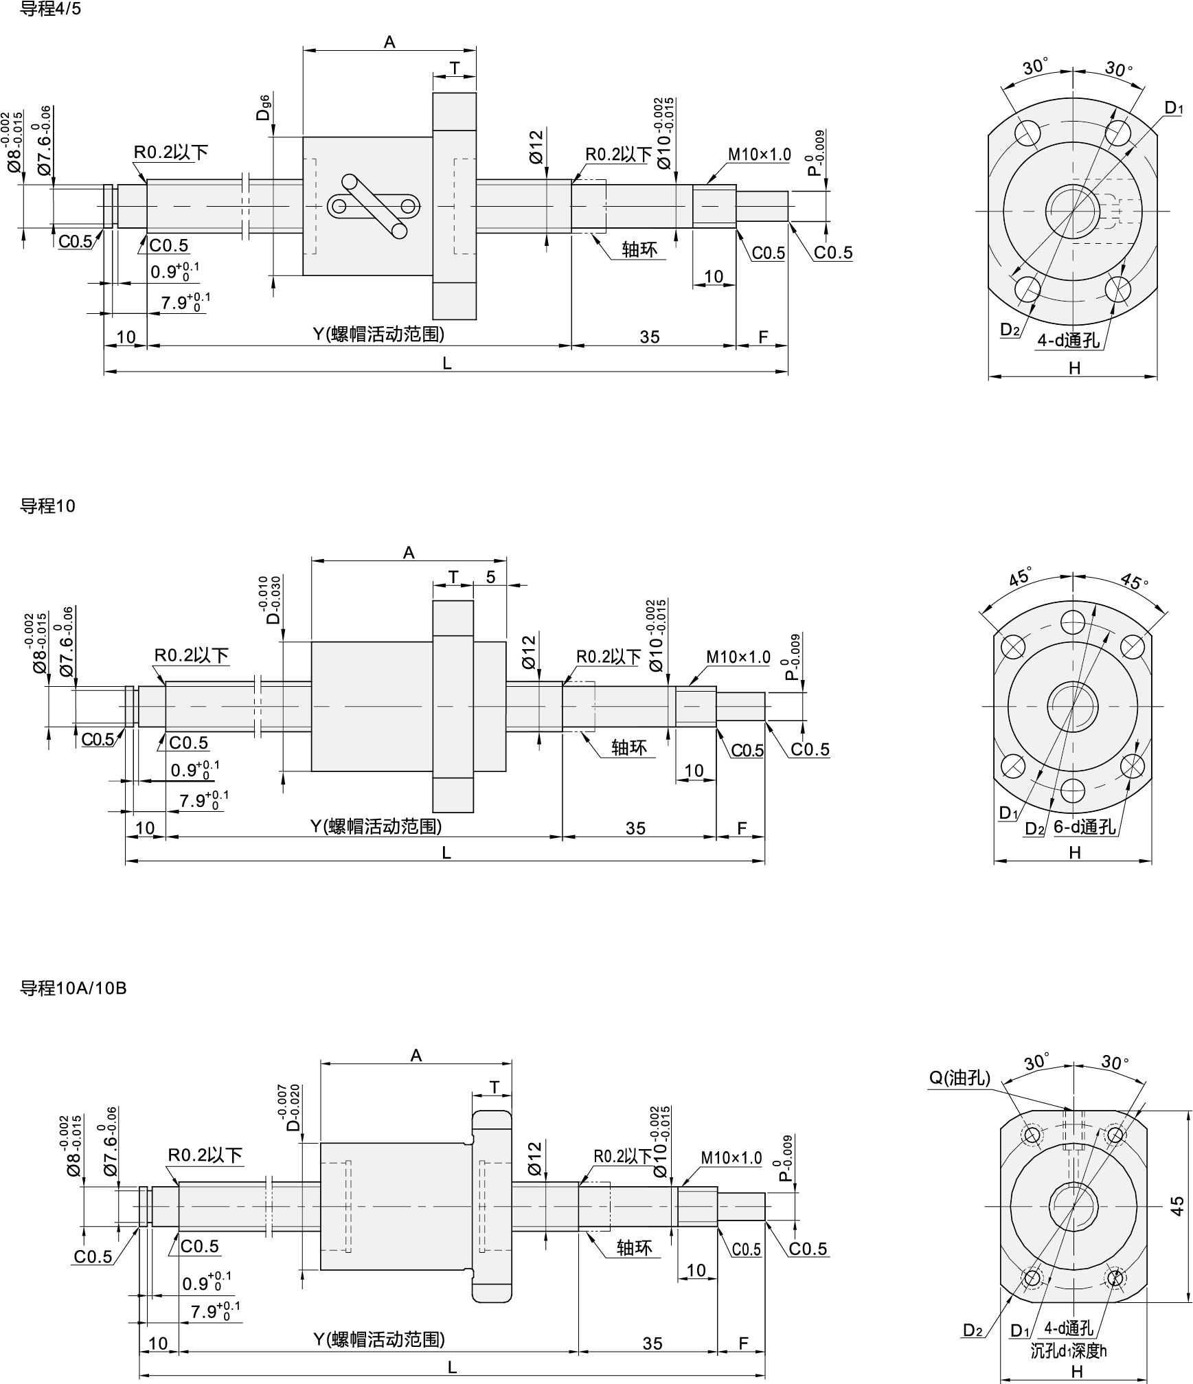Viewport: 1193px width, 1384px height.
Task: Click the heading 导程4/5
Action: point(51,10)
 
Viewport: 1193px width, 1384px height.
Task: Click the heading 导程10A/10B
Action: point(73,988)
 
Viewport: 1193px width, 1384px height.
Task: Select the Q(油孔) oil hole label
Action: point(959,1078)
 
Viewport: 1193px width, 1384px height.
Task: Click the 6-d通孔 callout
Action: point(1084,826)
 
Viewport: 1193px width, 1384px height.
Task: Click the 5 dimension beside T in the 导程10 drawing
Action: point(490,577)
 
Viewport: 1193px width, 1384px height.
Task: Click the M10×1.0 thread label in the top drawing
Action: point(760,155)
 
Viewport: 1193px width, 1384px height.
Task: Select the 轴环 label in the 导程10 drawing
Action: point(629,747)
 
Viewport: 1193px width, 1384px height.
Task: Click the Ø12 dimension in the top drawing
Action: point(536,146)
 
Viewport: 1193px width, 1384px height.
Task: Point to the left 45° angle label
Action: point(1019,578)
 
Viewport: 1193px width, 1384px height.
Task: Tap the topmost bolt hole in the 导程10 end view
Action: point(1073,622)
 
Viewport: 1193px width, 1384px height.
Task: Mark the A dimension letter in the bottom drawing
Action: point(416,1055)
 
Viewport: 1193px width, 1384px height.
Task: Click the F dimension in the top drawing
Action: point(762,337)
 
